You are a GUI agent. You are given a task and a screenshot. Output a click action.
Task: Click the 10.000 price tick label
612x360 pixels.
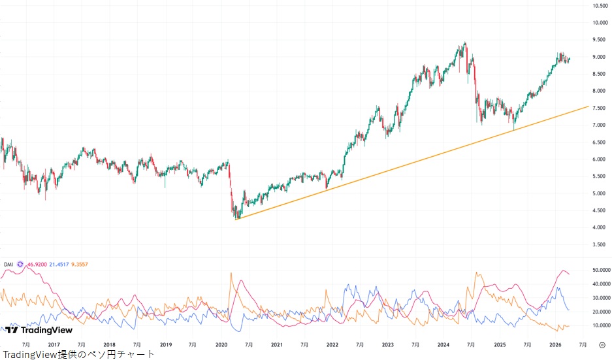click(600, 23)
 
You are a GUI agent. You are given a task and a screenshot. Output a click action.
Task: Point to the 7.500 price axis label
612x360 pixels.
click(600, 108)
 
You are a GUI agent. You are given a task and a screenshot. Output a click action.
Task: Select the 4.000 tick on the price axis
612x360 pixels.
click(600, 227)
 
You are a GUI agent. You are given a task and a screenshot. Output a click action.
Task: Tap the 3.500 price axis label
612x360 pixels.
click(600, 244)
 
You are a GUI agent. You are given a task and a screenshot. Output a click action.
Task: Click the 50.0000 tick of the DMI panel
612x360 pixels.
click(600, 270)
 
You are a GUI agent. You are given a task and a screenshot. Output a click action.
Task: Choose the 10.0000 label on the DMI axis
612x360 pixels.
click(600, 325)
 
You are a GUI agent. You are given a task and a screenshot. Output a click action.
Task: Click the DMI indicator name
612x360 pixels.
click(8, 264)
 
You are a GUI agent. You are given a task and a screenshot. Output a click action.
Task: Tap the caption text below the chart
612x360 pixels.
click(78, 354)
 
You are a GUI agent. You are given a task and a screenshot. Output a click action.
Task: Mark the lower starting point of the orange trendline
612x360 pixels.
click(236, 220)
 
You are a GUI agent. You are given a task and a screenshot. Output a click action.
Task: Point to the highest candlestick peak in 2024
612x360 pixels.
click(464, 43)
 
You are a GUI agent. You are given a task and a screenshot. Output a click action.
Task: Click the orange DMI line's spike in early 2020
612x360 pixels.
click(231, 273)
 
